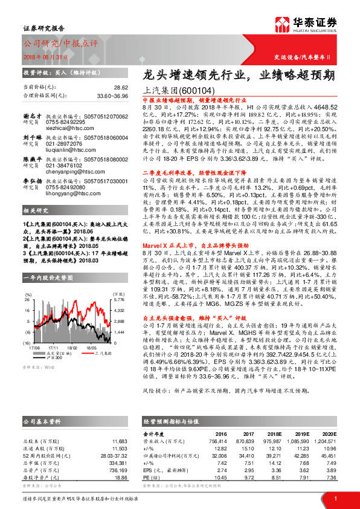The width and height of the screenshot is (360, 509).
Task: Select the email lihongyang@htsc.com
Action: click(x=68, y=193)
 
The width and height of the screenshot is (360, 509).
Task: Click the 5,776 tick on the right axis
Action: click(x=119, y=283)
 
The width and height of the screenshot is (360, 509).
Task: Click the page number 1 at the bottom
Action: click(x=335, y=498)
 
